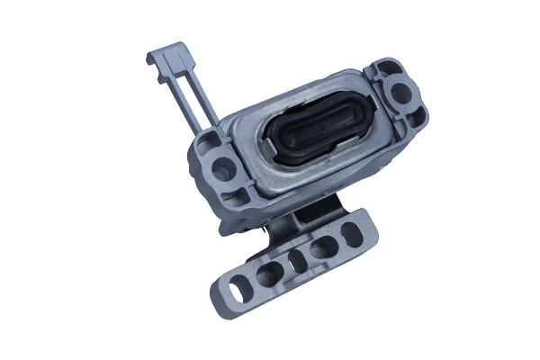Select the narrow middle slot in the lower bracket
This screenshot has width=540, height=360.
293,261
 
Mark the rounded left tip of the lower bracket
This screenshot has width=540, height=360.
216,298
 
